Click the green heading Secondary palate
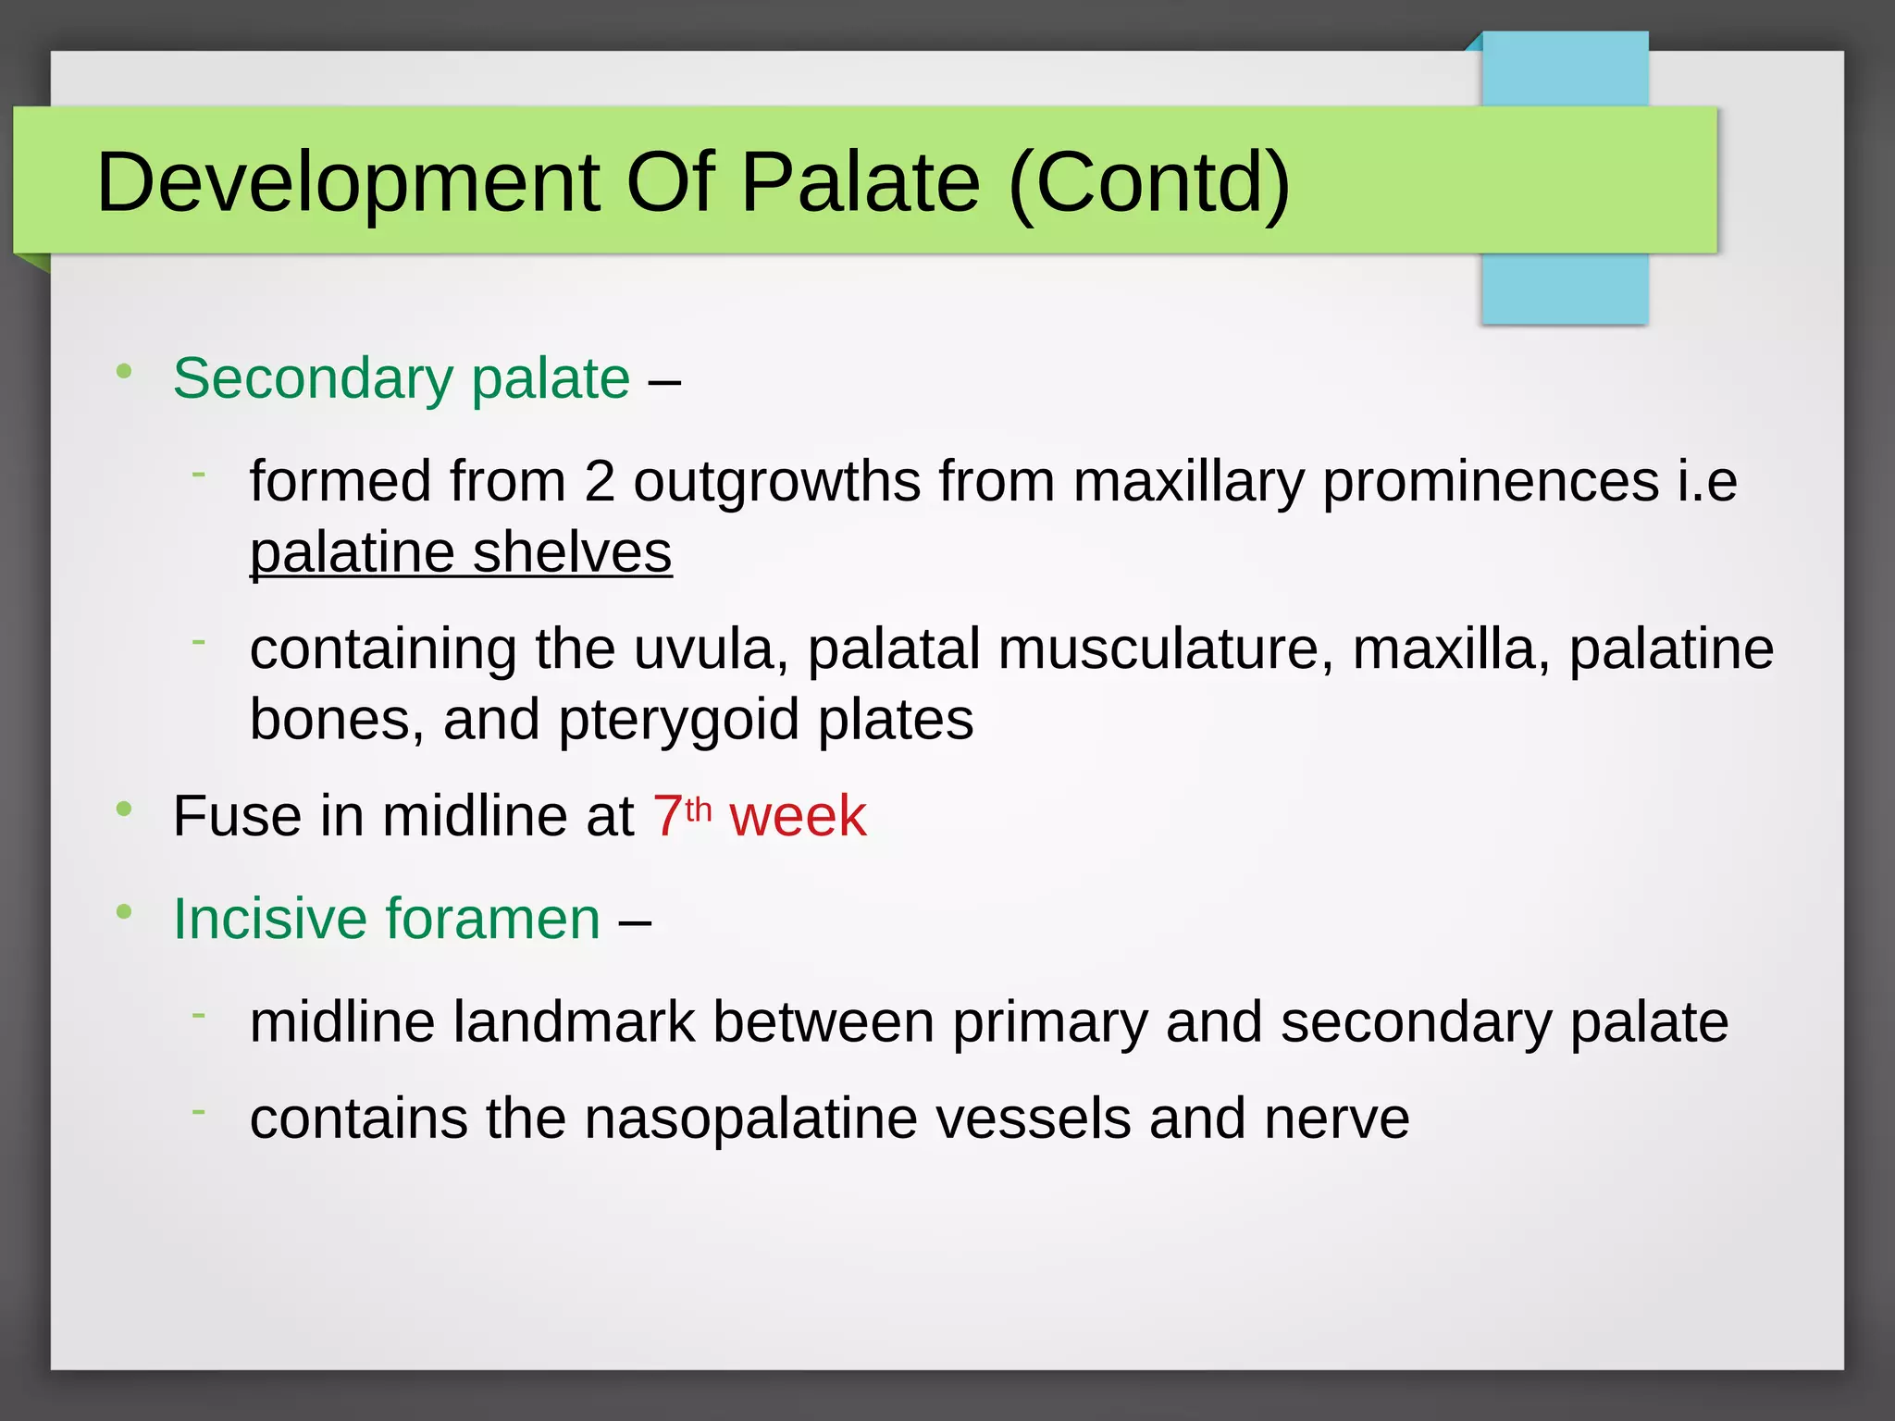coord(401,378)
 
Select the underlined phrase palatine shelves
coord(461,553)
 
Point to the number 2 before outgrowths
coord(600,482)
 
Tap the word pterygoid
coord(679,720)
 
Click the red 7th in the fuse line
coord(681,816)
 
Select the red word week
coord(798,817)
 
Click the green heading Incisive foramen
coord(387,919)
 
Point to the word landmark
coord(574,1022)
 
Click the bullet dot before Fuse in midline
coord(124,809)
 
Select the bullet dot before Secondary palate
coord(124,372)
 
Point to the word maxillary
coord(1188,482)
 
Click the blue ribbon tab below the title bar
coord(1564,289)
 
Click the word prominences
coord(1491,482)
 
